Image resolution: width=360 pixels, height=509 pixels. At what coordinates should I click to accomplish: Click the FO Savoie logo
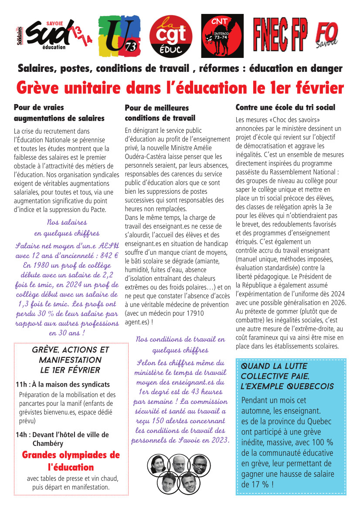coord(326,36)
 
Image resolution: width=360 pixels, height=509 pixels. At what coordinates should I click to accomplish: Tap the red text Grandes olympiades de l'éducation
coord(71,461)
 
